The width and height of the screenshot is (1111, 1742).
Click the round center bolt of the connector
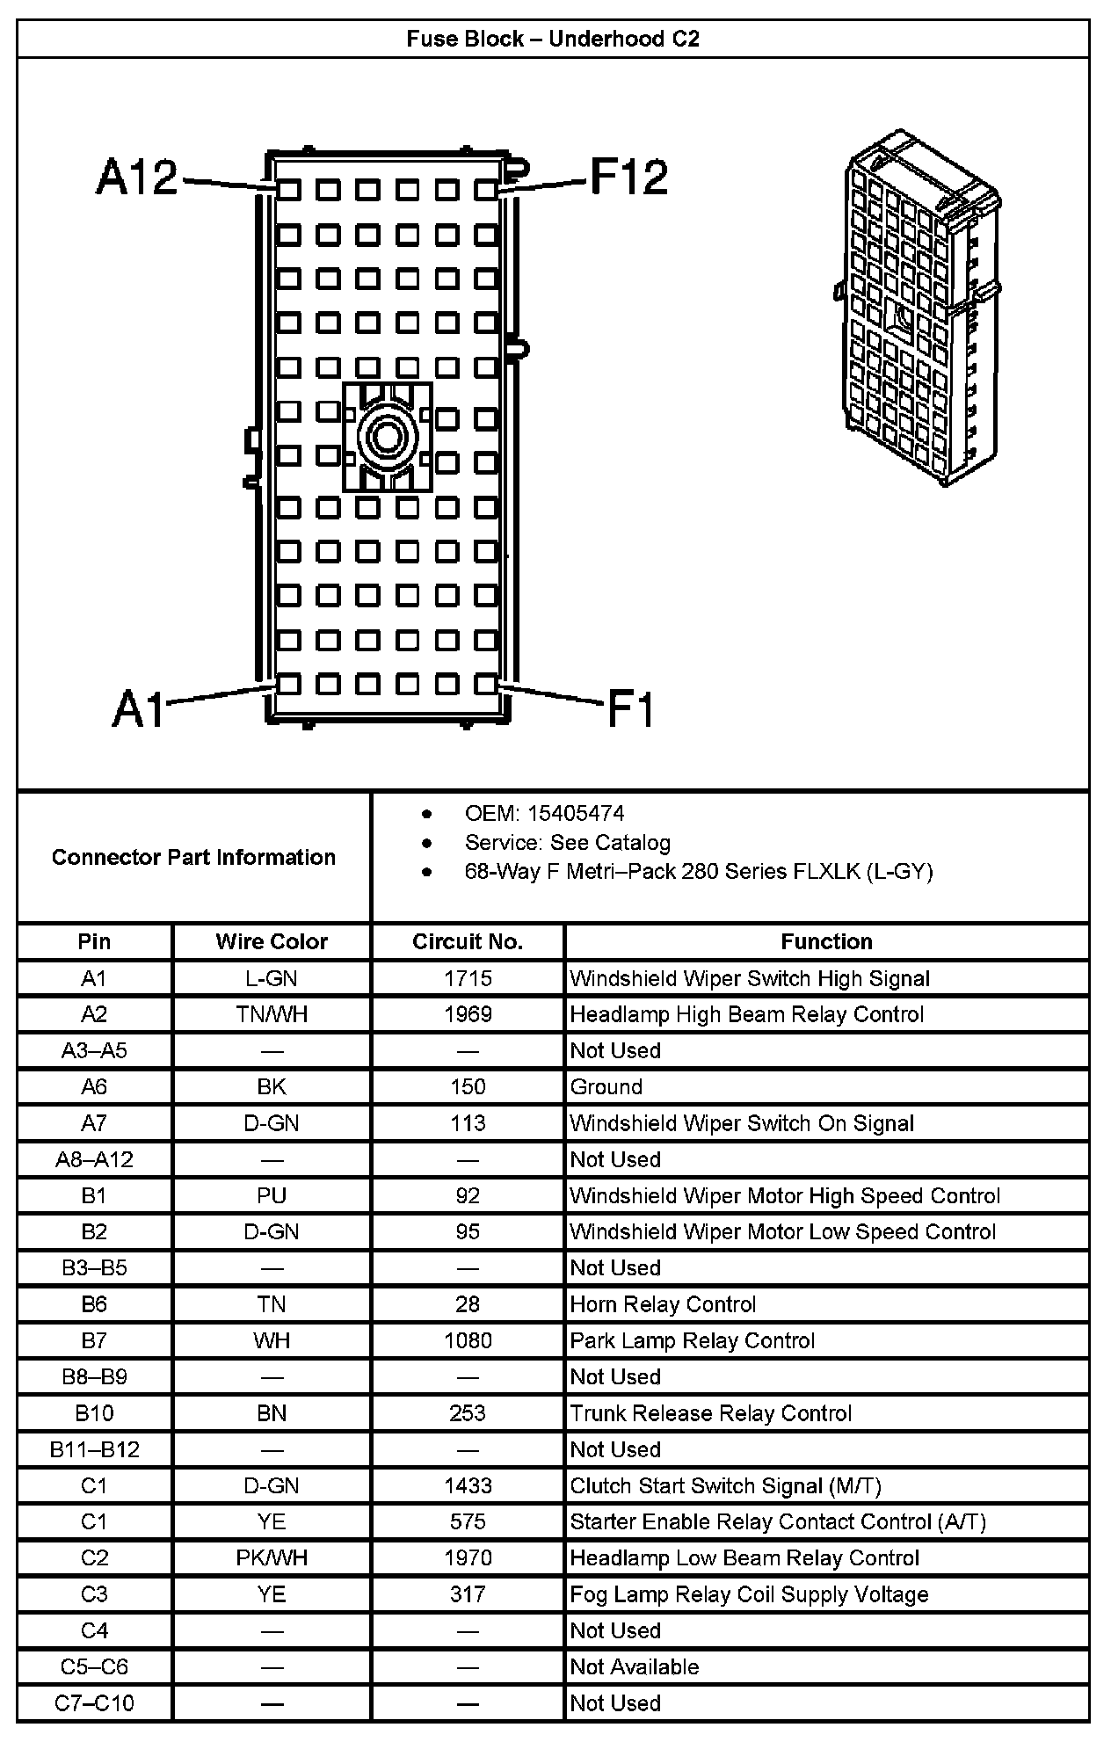[387, 436]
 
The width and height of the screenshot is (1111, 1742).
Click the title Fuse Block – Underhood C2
[553, 40]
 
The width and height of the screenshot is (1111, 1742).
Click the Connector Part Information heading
[193, 857]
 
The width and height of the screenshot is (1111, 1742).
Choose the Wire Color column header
[272, 942]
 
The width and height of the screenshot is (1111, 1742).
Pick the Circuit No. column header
[468, 942]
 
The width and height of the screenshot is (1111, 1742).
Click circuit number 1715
[468, 978]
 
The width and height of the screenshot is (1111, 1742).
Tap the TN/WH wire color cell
[272, 1014]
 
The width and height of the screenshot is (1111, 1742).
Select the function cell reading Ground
[606, 1087]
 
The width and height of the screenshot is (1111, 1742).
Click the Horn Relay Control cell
[663, 1304]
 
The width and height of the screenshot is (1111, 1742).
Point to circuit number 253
[468, 1413]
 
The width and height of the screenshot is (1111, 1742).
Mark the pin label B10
[94, 1413]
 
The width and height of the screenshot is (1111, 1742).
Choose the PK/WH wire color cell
[272, 1558]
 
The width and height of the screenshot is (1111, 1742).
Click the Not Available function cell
[635, 1667]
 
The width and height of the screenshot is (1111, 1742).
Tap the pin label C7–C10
[94, 1703]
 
